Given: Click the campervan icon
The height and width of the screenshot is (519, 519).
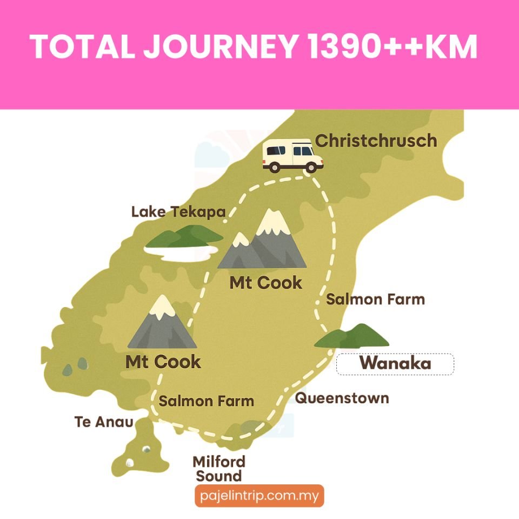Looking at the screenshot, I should click(292, 155).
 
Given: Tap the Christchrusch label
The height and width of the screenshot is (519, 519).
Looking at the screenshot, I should click(376, 141).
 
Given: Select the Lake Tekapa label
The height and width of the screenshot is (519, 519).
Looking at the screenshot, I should click(178, 212).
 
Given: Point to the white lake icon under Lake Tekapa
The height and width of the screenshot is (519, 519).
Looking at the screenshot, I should click(181, 251).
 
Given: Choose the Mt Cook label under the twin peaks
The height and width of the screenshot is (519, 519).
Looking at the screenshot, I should click(265, 282).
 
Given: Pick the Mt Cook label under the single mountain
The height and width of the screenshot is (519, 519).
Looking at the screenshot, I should click(163, 361).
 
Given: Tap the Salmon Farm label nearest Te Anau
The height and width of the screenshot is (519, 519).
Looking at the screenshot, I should click(206, 401).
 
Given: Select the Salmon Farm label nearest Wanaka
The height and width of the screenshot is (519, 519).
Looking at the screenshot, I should click(375, 299).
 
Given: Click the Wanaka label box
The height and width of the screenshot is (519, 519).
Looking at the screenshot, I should click(395, 364).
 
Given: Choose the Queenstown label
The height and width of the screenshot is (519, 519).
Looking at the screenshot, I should click(342, 398).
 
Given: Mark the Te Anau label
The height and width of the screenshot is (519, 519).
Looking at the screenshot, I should click(104, 422).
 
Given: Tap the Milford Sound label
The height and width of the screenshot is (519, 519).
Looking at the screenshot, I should click(219, 469).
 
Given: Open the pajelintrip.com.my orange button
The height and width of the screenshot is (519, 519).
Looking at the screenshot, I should click(259, 495).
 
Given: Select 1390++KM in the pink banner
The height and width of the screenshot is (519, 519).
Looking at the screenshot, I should click(392, 47).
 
